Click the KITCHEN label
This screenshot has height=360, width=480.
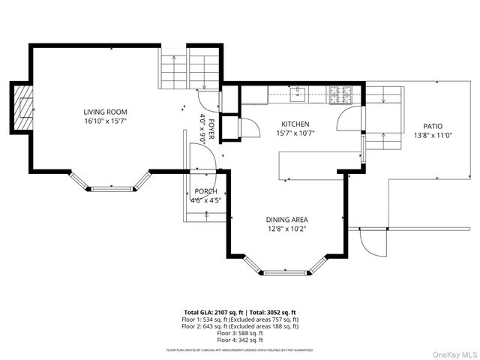[295, 124]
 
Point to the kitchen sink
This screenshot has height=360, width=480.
[298, 94]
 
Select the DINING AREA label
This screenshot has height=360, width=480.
[286, 220]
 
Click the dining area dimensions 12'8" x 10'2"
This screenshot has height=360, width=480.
[286, 229]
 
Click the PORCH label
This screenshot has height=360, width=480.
[205, 192]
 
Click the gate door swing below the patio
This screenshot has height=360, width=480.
[372, 241]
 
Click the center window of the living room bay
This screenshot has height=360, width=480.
[109, 188]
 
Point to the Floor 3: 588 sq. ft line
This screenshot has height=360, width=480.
[240, 333]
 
